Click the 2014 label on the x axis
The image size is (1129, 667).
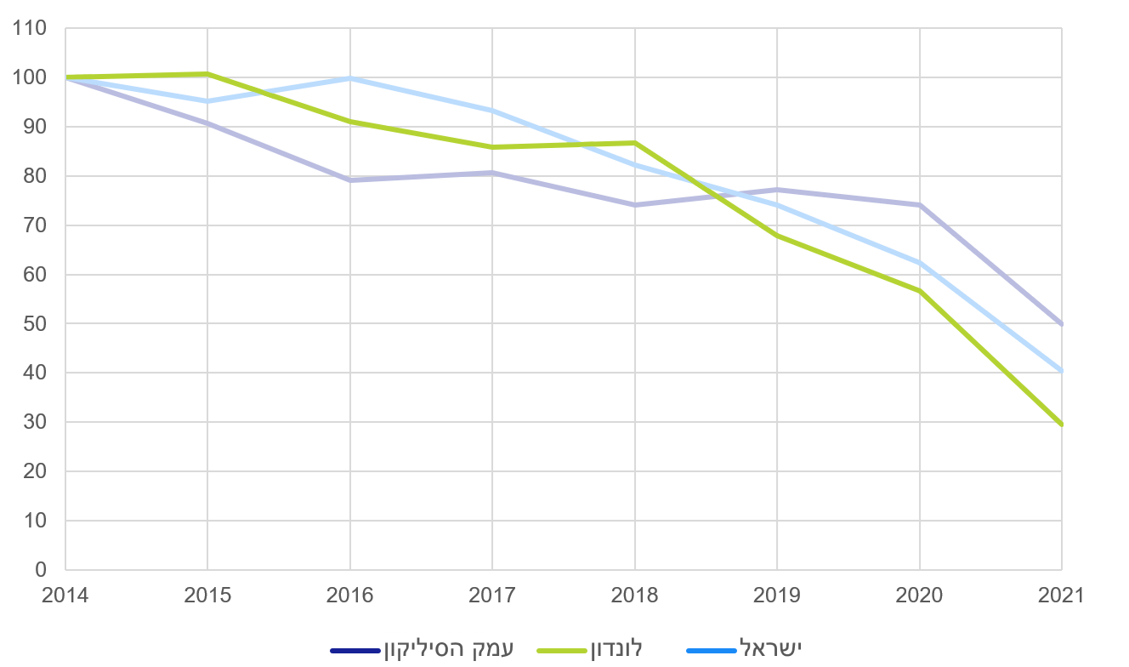click(65, 596)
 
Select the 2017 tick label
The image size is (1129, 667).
click(492, 596)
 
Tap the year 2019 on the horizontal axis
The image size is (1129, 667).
click(777, 596)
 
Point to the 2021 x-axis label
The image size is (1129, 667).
click(1061, 596)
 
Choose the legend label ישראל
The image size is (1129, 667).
click(770, 648)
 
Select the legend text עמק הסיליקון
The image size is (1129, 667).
click(447, 648)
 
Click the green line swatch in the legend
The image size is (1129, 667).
click(562, 651)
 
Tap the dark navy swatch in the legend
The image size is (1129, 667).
click(355, 651)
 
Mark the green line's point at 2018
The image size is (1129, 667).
click(634, 143)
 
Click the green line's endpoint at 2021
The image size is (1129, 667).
click(1061, 425)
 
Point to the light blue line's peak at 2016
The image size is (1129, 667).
click(350, 78)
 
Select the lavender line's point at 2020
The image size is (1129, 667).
click(919, 205)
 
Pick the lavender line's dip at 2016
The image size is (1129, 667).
click(350, 180)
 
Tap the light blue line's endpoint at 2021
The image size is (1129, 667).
click(1061, 371)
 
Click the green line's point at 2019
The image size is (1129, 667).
click(777, 236)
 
